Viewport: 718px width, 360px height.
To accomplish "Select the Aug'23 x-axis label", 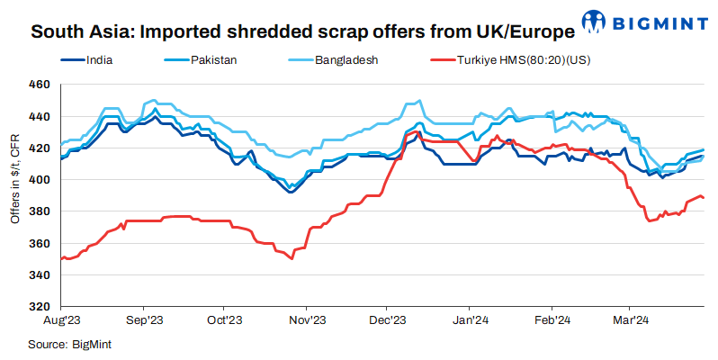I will tap(62, 319).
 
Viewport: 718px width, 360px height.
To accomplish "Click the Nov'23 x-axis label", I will tap(307, 319).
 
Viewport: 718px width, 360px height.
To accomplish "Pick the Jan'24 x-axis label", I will tap(470, 319).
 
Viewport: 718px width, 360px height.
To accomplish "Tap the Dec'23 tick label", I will tap(388, 319).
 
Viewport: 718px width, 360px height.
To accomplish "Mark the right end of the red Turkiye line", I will tap(704, 198).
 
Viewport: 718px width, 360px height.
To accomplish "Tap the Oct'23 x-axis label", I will tap(225, 319).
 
